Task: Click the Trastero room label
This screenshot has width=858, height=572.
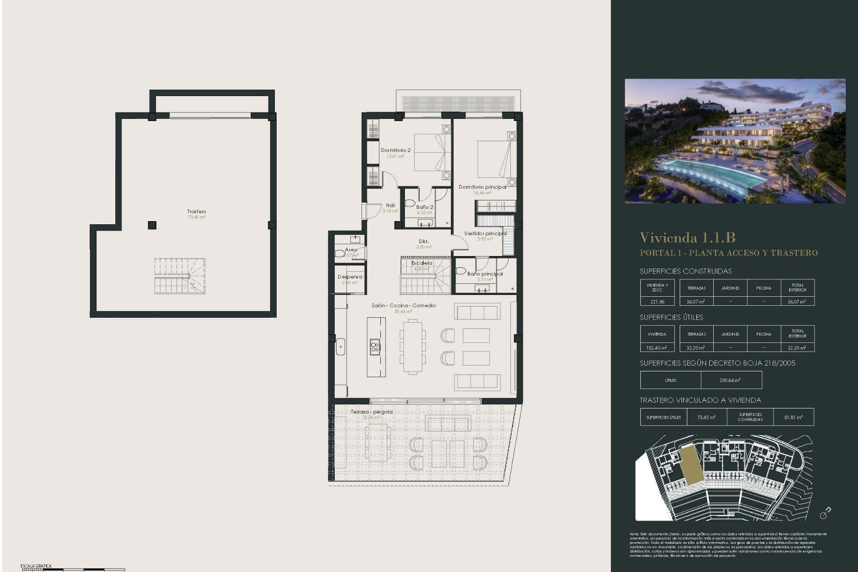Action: (197, 211)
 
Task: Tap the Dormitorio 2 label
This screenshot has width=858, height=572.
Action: (395, 151)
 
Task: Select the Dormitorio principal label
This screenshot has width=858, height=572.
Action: (482, 187)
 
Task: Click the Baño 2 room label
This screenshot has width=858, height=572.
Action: (425, 207)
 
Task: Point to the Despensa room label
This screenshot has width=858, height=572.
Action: (350, 277)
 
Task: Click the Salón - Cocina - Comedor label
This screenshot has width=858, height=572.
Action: (404, 306)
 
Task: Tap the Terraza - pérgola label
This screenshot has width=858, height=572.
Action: (371, 412)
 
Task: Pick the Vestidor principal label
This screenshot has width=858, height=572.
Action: (485, 233)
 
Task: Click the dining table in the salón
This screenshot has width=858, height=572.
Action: (412, 346)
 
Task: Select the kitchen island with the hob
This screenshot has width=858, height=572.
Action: (376, 347)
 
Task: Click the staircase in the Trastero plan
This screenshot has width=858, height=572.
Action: (180, 276)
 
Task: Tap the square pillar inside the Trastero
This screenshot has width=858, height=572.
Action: (152, 225)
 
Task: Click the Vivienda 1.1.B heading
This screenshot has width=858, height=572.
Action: (687, 237)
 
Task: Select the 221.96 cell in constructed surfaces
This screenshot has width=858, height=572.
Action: (657, 302)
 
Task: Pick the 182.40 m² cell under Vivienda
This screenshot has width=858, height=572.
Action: (656, 348)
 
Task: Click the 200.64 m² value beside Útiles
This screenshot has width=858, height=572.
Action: (730, 380)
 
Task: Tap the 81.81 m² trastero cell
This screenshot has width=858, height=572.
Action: (793, 417)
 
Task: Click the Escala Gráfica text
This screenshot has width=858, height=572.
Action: (36, 566)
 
